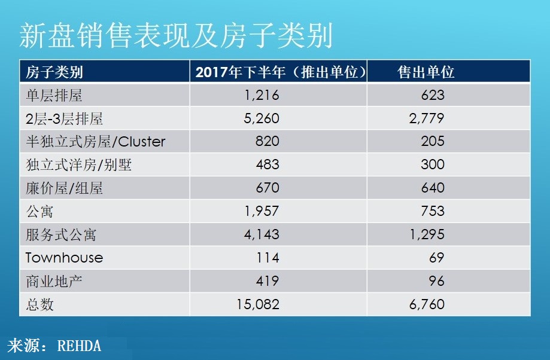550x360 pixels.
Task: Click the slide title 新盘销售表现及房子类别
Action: tap(175, 36)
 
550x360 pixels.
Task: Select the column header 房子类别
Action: tap(54, 72)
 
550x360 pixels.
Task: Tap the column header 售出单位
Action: tap(426, 72)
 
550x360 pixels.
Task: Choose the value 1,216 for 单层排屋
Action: tap(262, 95)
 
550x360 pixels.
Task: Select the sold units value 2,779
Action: tap(425, 118)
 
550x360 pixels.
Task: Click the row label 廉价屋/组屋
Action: tap(64, 188)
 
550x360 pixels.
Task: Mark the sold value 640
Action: tap(432, 188)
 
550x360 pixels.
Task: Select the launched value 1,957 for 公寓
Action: tap(262, 211)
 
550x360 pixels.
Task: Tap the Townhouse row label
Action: tap(64, 258)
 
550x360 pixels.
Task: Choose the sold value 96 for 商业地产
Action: tap(436, 281)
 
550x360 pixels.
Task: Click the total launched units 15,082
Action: tap(259, 304)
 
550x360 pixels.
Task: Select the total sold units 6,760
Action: tap(425, 304)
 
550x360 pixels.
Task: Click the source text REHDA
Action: tap(79, 346)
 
